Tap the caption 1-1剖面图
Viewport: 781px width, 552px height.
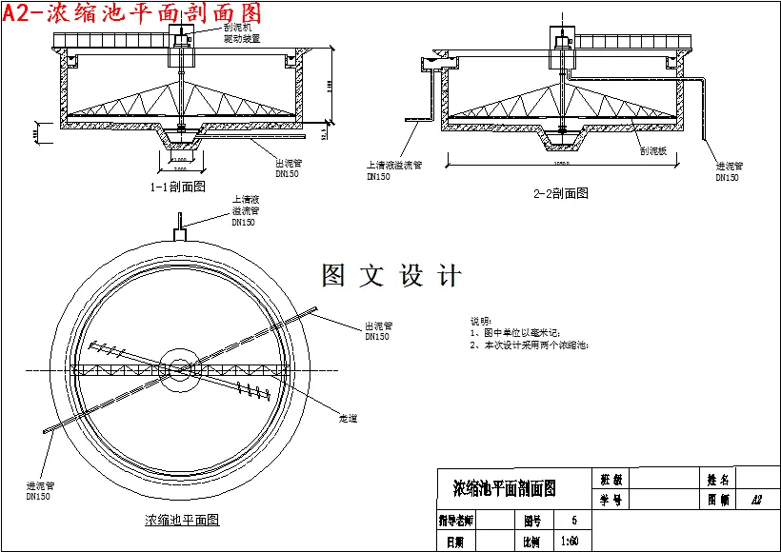(x=178, y=187)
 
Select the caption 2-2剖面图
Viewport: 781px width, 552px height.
(x=560, y=193)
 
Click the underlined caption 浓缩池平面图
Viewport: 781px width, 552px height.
(x=182, y=520)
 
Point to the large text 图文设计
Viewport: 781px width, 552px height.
(x=391, y=276)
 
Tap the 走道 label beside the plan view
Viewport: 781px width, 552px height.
(x=348, y=418)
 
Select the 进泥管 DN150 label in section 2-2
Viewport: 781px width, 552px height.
(x=728, y=171)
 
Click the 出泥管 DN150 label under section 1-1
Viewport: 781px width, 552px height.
(x=288, y=168)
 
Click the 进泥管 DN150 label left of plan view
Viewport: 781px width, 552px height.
(x=38, y=490)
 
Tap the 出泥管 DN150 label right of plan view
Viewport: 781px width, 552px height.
(x=377, y=330)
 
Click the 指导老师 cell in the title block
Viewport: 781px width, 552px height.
(x=456, y=521)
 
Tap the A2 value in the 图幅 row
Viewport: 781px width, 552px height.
(x=755, y=499)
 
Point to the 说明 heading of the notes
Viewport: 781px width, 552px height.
(x=481, y=322)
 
